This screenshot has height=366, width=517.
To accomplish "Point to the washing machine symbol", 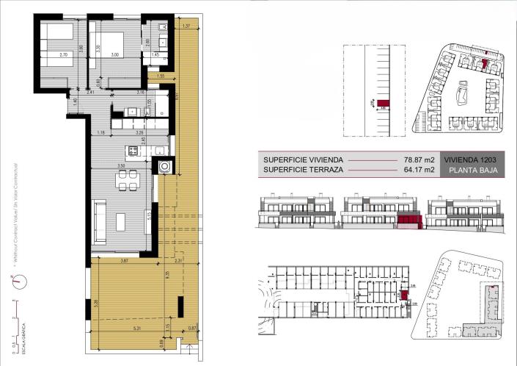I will (x=166, y=166).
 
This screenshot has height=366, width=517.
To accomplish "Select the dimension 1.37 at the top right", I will (x=186, y=26).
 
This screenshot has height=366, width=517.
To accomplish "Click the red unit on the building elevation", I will (x=406, y=218).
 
